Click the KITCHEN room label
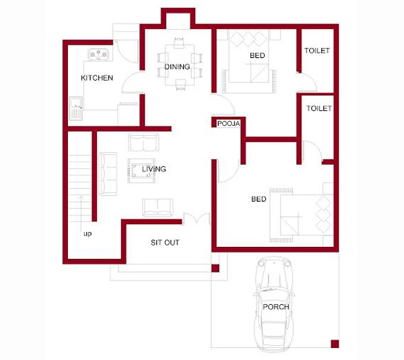click(97, 78)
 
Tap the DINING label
click(177, 67)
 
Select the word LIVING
click(154, 169)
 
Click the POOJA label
click(228, 124)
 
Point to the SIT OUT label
click(165, 242)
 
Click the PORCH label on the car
click(276, 307)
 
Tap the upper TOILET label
click(317, 50)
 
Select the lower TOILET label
click(319, 108)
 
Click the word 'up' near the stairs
click(88, 234)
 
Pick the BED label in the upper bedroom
click(257, 55)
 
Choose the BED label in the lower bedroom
click(259, 199)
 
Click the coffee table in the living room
click(141, 170)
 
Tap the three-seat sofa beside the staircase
click(108, 174)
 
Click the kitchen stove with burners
click(98, 55)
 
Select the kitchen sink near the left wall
click(75, 108)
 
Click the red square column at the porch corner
click(335, 344)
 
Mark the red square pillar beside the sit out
click(215, 268)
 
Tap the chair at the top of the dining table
click(179, 43)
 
